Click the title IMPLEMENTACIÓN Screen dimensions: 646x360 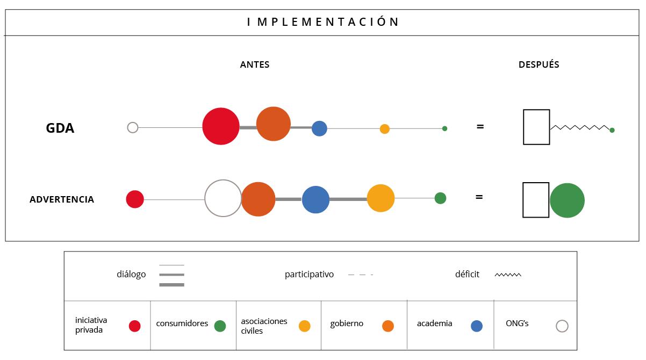tap(323, 22)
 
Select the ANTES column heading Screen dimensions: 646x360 tap(255, 65)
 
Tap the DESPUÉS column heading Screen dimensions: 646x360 tap(539, 64)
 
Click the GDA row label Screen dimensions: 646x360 tap(60, 128)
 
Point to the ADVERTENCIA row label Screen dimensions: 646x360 tap(62, 199)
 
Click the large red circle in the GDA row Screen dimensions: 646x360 tap(221, 126)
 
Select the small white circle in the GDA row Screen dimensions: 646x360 tap(133, 127)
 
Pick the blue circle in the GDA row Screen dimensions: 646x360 tap(319, 128)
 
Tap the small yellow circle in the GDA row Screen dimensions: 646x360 tap(384, 129)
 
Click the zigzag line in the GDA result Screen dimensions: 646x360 tap(579, 127)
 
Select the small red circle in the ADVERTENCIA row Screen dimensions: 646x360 tap(135, 199)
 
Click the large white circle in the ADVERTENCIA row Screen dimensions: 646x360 tap(223, 198)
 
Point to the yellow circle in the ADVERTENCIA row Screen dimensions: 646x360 tap(381, 198)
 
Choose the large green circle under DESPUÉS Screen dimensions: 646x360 tap(567, 200)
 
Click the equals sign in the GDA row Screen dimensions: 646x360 tap(480, 127)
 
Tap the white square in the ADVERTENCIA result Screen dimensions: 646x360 tap(536, 200)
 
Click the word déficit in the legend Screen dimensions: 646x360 tap(467, 275)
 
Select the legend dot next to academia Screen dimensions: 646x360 tap(477, 326)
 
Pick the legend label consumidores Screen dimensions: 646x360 tap(182, 323)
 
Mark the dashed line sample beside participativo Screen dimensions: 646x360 tap(360, 275)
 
